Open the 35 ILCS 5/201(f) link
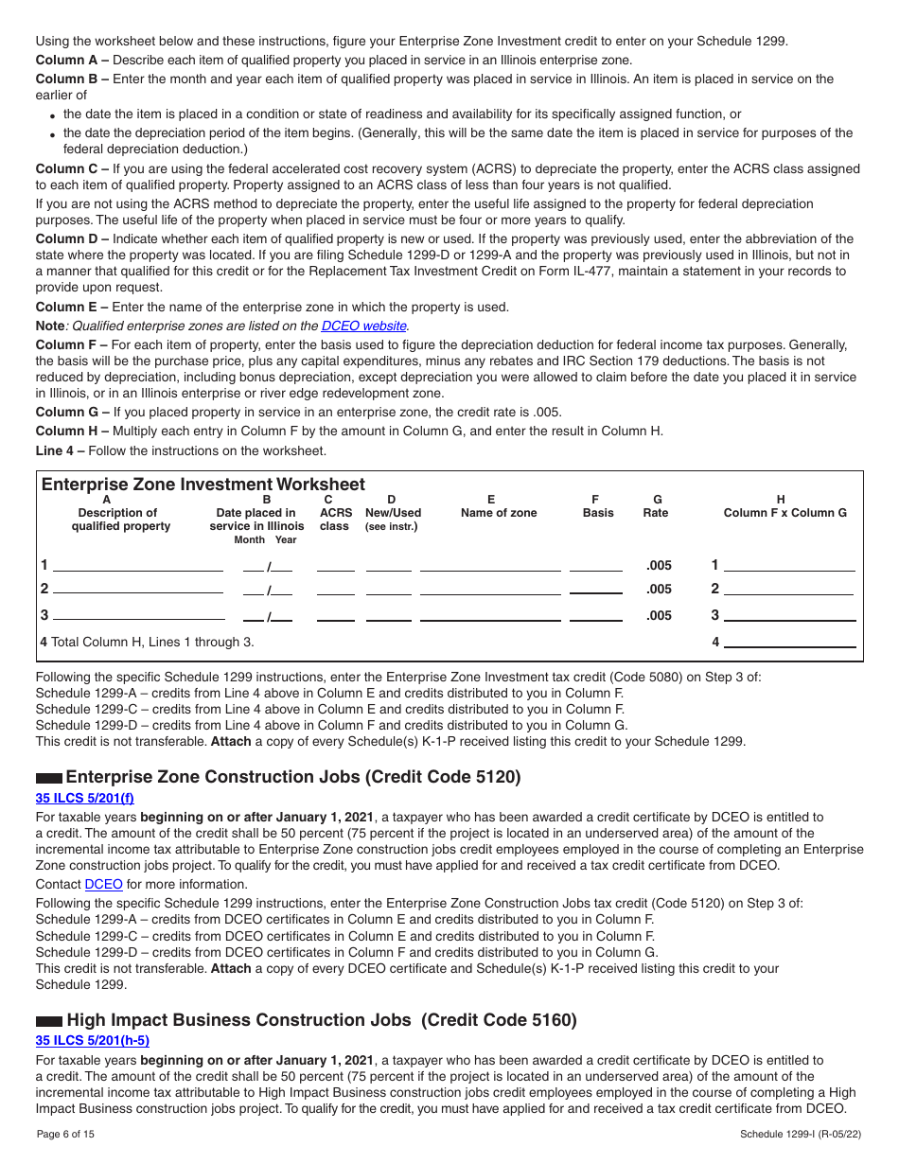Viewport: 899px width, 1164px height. click(84, 798)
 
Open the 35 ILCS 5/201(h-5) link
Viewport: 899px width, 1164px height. click(92, 1041)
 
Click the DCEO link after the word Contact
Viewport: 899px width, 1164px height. click(103, 884)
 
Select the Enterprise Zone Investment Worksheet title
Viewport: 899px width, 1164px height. click(203, 485)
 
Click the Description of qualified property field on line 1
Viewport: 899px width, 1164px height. click(138, 565)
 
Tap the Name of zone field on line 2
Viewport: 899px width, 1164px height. click(490, 589)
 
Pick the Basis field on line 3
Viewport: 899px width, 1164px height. click(596, 615)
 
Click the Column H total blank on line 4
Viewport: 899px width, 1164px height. click(789, 642)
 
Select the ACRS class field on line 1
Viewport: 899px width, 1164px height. click(335, 565)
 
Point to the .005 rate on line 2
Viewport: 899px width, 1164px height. click(659, 589)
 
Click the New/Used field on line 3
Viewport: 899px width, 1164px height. click(388, 615)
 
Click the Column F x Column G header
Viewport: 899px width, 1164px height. click(784, 513)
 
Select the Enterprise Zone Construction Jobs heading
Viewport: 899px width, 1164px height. click(292, 777)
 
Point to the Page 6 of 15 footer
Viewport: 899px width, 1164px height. click(65, 1134)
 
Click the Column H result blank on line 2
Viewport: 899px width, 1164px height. click(789, 589)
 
